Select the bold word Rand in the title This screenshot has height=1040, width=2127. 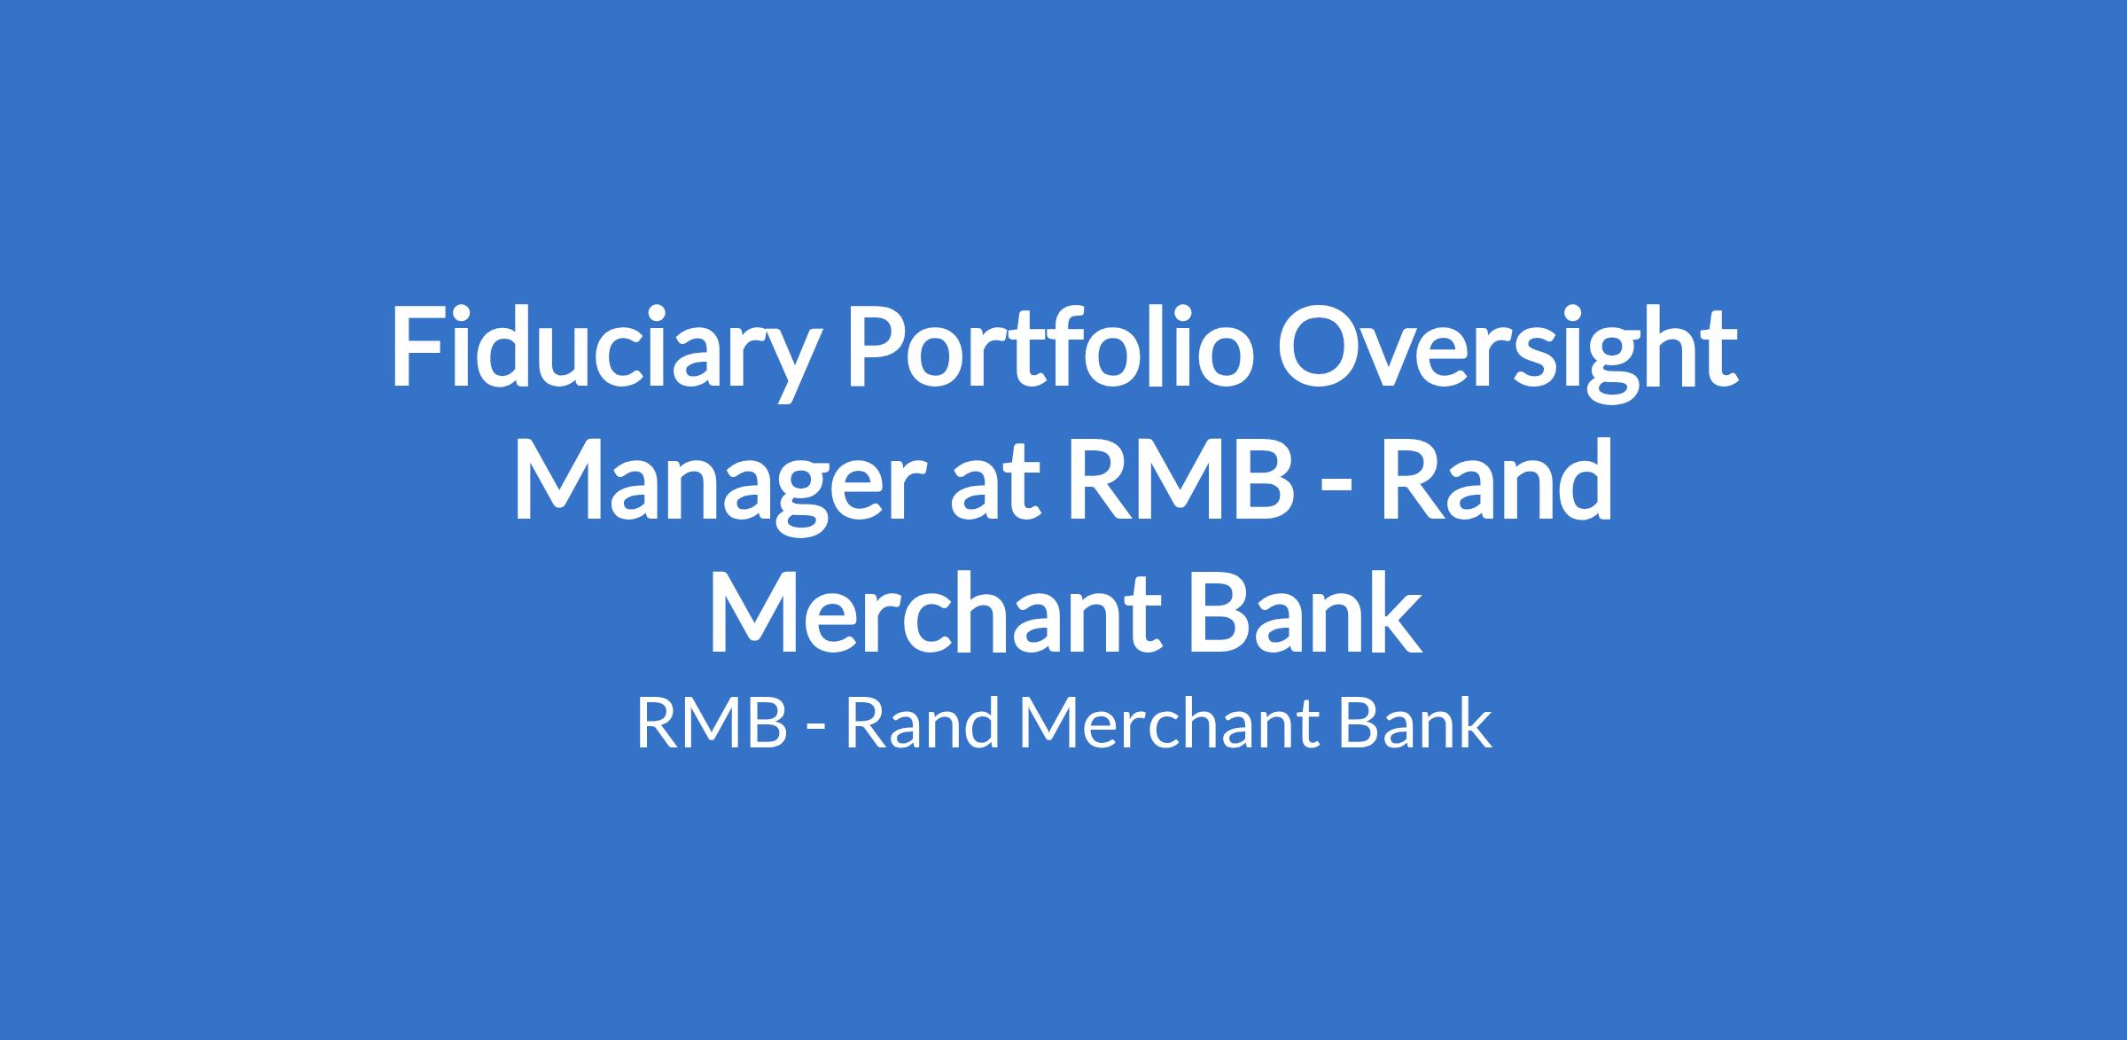coord(1495,479)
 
